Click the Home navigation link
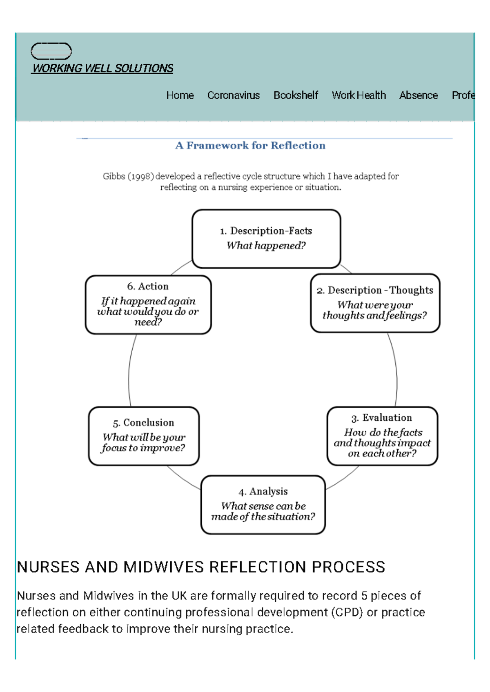point(180,95)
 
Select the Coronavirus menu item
point(233,95)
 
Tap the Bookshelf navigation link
point(296,95)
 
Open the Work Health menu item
point(359,95)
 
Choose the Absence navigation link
point(419,95)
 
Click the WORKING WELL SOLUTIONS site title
point(102,69)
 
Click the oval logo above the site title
point(51,51)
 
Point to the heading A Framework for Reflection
point(250,146)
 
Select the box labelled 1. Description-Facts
point(266,239)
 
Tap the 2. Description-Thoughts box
point(375,303)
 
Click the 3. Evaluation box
point(382,436)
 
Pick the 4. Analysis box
point(263,504)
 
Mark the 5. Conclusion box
point(144,436)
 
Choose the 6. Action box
point(148,305)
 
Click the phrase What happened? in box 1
point(266,246)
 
